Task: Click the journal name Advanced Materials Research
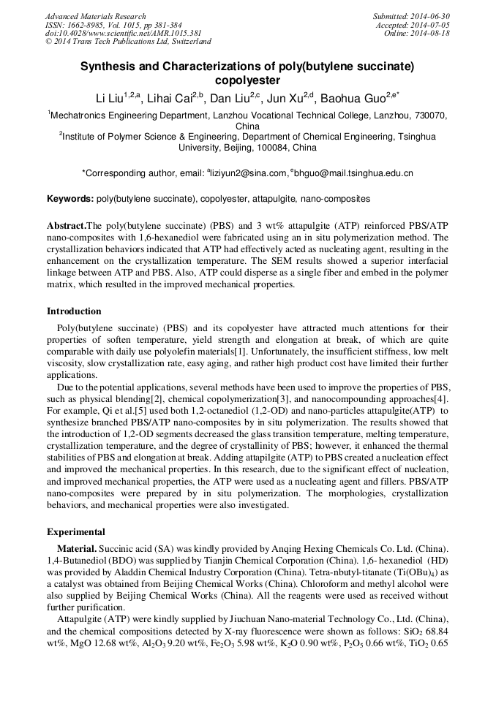click(95, 16)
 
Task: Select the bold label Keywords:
click(70, 199)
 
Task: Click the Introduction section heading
click(74, 311)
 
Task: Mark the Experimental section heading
click(76, 532)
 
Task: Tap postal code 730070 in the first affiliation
click(432, 115)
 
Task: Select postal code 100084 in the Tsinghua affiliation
click(266, 147)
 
